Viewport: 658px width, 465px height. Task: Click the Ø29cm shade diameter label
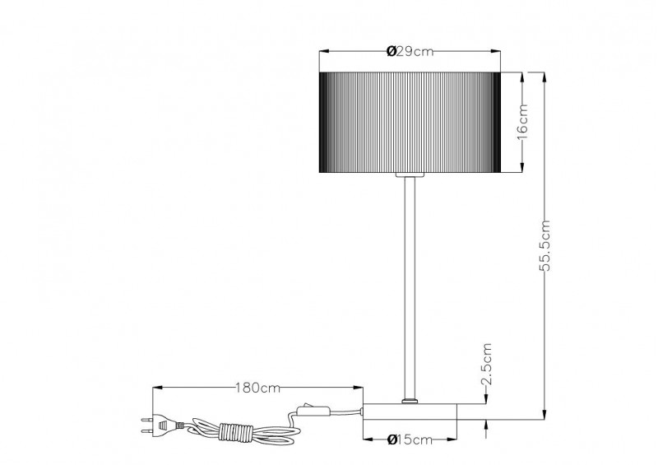[409, 53]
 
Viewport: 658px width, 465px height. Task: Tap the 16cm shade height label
[523, 123]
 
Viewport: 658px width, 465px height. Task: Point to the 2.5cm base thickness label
[486, 365]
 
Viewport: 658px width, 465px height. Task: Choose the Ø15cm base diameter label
[409, 439]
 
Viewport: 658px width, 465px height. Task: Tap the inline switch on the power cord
[312, 409]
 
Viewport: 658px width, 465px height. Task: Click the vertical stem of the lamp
[409, 288]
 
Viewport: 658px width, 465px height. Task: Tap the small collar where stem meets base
[409, 401]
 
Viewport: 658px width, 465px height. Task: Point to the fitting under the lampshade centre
[409, 176]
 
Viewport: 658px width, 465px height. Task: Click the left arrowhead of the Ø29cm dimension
[322, 53]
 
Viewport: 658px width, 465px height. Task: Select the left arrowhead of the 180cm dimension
[155, 387]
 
